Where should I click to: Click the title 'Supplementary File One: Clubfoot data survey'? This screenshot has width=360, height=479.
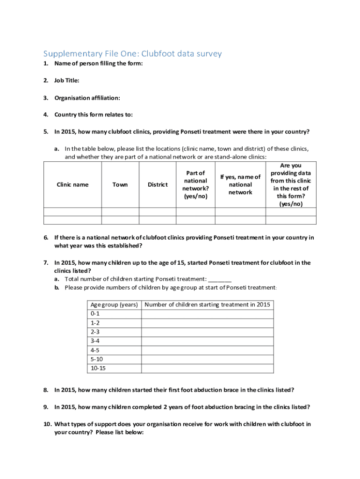tap(133, 54)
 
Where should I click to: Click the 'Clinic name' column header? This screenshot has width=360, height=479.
tap(72, 184)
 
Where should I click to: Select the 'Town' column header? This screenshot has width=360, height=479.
tap(120, 184)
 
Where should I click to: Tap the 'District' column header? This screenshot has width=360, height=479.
tap(158, 184)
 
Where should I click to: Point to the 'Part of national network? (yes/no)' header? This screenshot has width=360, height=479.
tap(195, 184)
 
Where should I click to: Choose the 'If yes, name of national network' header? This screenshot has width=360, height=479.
tap(241, 184)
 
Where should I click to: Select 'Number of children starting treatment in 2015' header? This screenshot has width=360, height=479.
tap(208, 305)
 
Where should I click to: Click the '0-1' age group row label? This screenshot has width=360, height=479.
tap(95, 313)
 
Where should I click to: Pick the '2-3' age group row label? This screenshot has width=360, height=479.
tap(95, 332)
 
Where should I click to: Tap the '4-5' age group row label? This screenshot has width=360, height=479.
tap(95, 350)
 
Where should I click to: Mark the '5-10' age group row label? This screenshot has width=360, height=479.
tap(97, 359)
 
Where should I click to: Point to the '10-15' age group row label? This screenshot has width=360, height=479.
tap(98, 368)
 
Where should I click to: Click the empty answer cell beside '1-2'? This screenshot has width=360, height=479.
tap(208, 323)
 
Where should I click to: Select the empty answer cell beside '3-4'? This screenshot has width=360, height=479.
tap(208, 341)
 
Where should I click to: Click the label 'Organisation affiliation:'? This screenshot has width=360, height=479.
tap(87, 98)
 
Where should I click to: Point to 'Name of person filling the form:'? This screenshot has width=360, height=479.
tap(98, 64)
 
